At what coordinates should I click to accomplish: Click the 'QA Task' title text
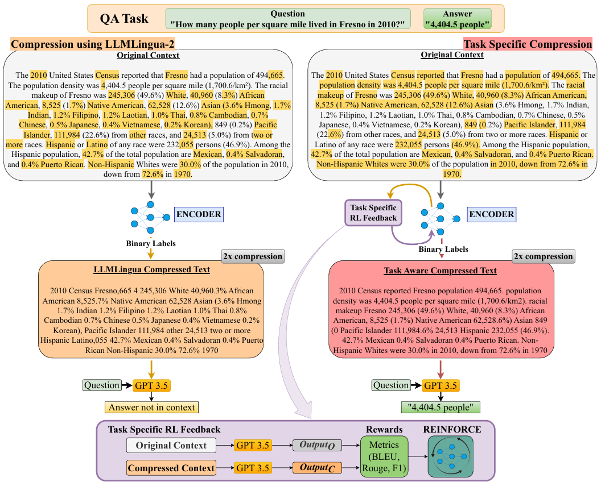124,19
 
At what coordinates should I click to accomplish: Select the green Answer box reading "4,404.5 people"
458,19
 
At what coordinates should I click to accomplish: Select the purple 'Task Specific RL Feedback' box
373,213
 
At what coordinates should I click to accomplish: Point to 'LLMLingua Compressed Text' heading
151,270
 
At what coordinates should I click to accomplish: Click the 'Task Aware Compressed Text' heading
440,271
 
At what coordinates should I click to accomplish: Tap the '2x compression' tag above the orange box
252,256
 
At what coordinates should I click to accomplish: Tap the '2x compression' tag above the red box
544,256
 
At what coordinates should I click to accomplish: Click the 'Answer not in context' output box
151,407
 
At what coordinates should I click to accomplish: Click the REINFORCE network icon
451,456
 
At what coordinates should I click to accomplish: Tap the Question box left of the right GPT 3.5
392,385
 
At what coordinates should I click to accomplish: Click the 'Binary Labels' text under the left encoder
151,244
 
